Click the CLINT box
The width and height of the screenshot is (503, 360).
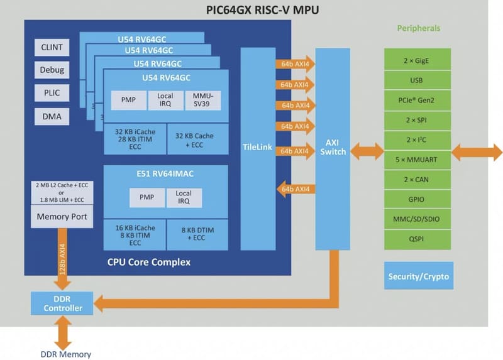pos(52,48)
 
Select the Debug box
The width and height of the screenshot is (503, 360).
pos(52,70)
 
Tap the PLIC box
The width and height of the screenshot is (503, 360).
pos(52,93)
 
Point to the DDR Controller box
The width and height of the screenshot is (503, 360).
pos(62,303)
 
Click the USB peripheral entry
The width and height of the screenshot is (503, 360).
pos(416,80)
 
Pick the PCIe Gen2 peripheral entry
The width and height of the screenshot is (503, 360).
pos(416,99)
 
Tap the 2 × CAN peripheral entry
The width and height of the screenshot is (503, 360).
pos(416,179)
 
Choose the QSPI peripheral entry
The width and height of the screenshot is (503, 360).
pos(416,239)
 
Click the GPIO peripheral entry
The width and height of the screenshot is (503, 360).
pos(416,199)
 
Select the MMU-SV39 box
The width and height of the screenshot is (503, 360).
pos(203,100)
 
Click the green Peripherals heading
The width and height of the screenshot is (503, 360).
pos(418,28)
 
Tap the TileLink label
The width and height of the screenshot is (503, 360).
pos(258,146)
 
